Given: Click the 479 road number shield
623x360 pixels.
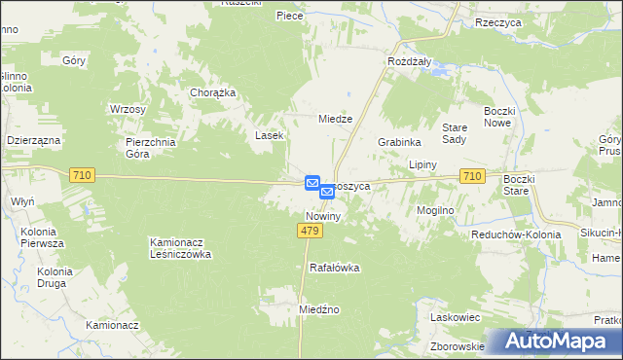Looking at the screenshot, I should coord(310,230).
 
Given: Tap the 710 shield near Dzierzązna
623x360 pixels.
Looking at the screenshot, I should coord(82,174).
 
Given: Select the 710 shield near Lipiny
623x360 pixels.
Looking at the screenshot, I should coord(472,175).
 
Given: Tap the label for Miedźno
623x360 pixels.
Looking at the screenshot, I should coord(318,309).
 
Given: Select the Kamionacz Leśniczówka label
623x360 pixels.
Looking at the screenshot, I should coord(193,248).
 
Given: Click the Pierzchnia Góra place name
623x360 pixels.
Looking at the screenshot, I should coord(152,147).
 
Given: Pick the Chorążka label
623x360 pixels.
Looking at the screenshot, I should coord(213,93).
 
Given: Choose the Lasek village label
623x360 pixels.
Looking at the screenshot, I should coord(270,135).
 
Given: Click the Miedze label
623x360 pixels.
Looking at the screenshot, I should coord(335,119).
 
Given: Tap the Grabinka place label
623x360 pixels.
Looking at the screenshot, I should coord(397,141).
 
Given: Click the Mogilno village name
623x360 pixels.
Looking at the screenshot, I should coord(436,209).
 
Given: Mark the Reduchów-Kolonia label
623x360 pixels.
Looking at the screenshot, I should coord(515,235).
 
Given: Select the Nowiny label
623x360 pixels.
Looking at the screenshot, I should coord(322,216).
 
